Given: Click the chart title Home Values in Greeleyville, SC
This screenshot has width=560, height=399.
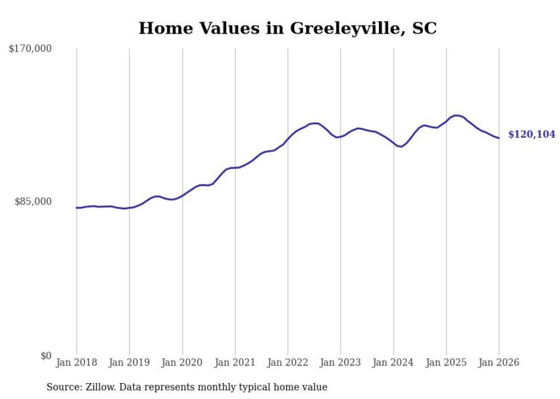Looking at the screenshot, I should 287,28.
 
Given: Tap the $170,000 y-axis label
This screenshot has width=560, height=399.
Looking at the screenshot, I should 30,49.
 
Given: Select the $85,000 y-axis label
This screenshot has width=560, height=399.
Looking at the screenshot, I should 33,201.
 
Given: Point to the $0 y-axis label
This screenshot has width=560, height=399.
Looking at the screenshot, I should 46,356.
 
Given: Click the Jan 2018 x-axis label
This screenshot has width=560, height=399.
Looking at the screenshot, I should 77,362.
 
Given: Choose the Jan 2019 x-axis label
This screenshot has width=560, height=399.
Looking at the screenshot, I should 129,362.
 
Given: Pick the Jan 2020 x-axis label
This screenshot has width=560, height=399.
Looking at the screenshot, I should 182,362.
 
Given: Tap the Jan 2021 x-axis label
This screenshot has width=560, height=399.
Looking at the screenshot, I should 235,362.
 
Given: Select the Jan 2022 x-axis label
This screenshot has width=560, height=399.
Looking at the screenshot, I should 288,362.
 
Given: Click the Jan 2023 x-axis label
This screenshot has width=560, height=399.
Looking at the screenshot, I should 341,362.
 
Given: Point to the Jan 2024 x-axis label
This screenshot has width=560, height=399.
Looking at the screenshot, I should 394,362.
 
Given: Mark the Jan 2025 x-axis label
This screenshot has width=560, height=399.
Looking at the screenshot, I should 446,362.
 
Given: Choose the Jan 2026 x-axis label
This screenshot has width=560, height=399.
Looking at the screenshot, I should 499,362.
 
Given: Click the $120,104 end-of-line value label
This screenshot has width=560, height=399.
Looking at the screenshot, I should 531,135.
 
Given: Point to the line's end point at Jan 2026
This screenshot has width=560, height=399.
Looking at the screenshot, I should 499,138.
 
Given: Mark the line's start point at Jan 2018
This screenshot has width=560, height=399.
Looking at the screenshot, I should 77,208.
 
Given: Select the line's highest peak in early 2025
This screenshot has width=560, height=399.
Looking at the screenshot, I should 456,115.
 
